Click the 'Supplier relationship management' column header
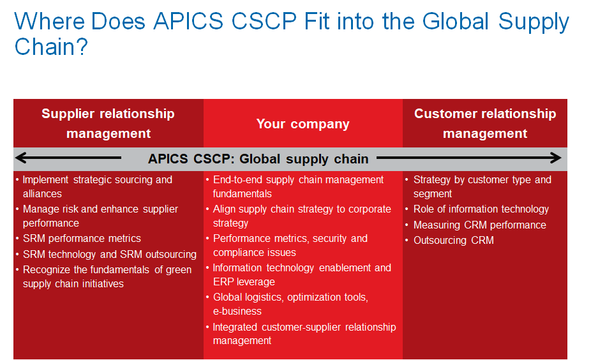(x=108, y=123)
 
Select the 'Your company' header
(x=303, y=124)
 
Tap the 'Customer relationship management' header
(x=485, y=123)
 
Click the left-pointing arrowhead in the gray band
(x=21, y=158)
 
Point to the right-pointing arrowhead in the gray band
(x=555, y=158)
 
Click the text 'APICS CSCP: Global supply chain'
(x=258, y=159)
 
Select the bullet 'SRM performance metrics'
(x=82, y=238)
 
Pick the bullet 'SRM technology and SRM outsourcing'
(x=110, y=255)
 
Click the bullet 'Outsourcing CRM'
(x=453, y=240)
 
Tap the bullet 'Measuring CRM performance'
(x=480, y=225)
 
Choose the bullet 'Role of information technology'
(x=481, y=209)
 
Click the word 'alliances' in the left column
(x=42, y=194)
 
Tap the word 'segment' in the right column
(x=432, y=194)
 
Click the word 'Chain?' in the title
(x=51, y=47)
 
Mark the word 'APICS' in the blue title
(x=188, y=21)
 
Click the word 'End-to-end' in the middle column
(x=237, y=180)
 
